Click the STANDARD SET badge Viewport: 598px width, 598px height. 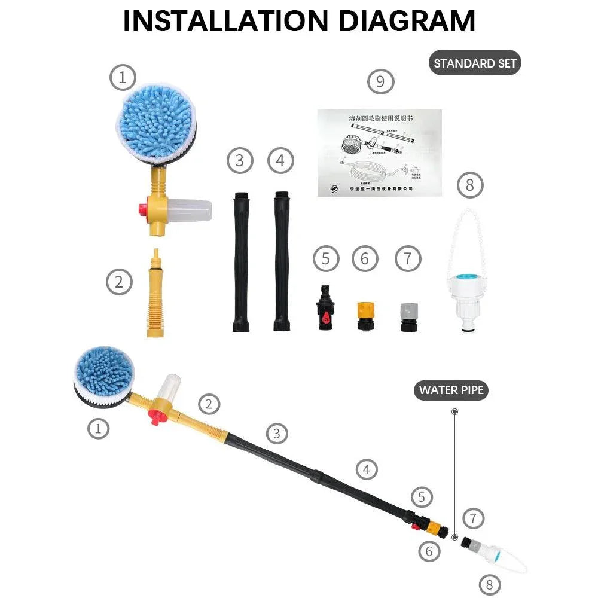pyautogui.click(x=475, y=63)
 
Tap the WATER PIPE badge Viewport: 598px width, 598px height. pyautogui.click(x=451, y=390)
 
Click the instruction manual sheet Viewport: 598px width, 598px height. pyautogui.click(x=379, y=152)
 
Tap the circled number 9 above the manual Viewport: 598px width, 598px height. pyautogui.click(x=381, y=81)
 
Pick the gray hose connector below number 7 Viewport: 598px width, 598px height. pyautogui.click(x=408, y=316)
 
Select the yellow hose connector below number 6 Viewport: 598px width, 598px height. pyautogui.click(x=365, y=316)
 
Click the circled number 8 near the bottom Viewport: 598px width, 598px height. pyautogui.click(x=489, y=584)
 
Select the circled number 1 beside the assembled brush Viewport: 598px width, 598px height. pyautogui.click(x=99, y=428)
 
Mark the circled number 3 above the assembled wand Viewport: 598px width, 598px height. pyautogui.click(x=276, y=433)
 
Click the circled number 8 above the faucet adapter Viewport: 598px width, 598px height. pyautogui.click(x=469, y=185)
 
